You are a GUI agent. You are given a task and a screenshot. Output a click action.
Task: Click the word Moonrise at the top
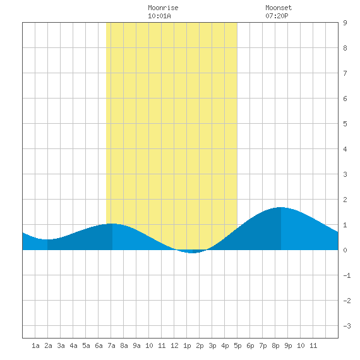click(163, 8)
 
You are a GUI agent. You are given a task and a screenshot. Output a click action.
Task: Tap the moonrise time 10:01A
click(159, 16)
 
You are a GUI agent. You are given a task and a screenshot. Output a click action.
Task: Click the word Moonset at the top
click(279, 8)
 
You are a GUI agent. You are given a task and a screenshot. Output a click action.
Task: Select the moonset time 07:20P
click(277, 16)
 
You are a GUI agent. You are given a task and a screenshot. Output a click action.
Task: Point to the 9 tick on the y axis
click(345, 23)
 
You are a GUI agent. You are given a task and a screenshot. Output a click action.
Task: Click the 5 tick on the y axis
click(345, 124)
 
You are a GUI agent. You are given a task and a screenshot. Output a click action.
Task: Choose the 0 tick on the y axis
click(345, 250)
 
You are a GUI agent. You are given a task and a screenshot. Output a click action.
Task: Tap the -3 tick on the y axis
click(347, 326)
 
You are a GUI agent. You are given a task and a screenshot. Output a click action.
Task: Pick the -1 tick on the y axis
click(347, 275)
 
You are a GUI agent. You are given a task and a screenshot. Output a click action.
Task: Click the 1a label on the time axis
click(35, 345)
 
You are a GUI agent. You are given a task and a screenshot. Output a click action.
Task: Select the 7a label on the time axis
click(111, 345)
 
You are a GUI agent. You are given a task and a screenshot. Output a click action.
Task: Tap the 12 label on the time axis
click(174, 345)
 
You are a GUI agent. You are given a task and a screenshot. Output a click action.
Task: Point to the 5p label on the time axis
click(237, 345)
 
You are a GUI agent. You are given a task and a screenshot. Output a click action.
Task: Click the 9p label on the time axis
click(288, 345)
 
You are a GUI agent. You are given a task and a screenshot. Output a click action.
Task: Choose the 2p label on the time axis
click(200, 345)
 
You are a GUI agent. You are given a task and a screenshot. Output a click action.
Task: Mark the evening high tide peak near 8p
click(281, 207)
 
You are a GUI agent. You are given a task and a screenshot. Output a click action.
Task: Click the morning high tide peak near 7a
click(112, 224)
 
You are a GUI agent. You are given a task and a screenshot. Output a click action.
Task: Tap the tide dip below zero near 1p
click(193, 252)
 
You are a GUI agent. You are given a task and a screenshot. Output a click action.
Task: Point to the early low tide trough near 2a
click(47, 239)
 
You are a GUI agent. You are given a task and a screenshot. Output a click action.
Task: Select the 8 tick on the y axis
click(345, 48)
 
